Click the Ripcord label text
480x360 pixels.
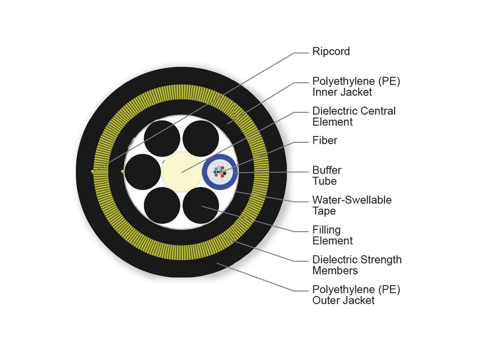(x=331, y=52)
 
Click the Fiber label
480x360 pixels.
(x=325, y=140)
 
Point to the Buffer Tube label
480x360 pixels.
(x=326, y=176)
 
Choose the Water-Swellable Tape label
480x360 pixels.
(x=352, y=205)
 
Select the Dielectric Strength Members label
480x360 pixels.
(x=356, y=265)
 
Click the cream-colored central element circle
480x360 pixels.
(x=181, y=172)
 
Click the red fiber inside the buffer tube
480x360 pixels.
(x=222, y=176)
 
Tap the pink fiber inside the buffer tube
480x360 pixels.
(x=219, y=167)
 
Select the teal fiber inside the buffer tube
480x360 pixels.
(x=216, y=169)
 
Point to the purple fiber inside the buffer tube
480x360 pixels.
(x=222, y=168)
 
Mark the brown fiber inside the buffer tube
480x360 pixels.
(x=215, y=172)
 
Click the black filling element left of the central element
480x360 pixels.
(x=143, y=172)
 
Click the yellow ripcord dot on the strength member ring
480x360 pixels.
(x=93, y=172)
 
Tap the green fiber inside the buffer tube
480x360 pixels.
(x=221, y=171)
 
